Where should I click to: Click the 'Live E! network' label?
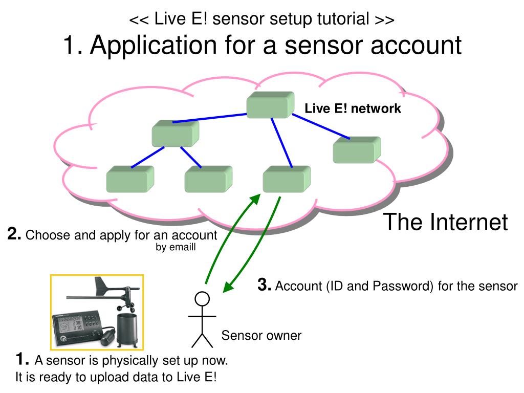tap(353, 108)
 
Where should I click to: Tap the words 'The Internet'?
tap(446, 222)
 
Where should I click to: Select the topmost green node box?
tap(270, 105)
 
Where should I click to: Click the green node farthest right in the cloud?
tap(357, 149)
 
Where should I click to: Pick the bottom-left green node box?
tap(129, 180)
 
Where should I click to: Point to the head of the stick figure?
tap(202, 298)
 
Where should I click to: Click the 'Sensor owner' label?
tap(261, 336)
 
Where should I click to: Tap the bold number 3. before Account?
tap(265, 285)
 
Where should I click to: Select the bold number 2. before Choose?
tap(14, 235)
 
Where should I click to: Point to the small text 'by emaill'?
tap(176, 247)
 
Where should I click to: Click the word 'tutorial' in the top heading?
tap(341, 19)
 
